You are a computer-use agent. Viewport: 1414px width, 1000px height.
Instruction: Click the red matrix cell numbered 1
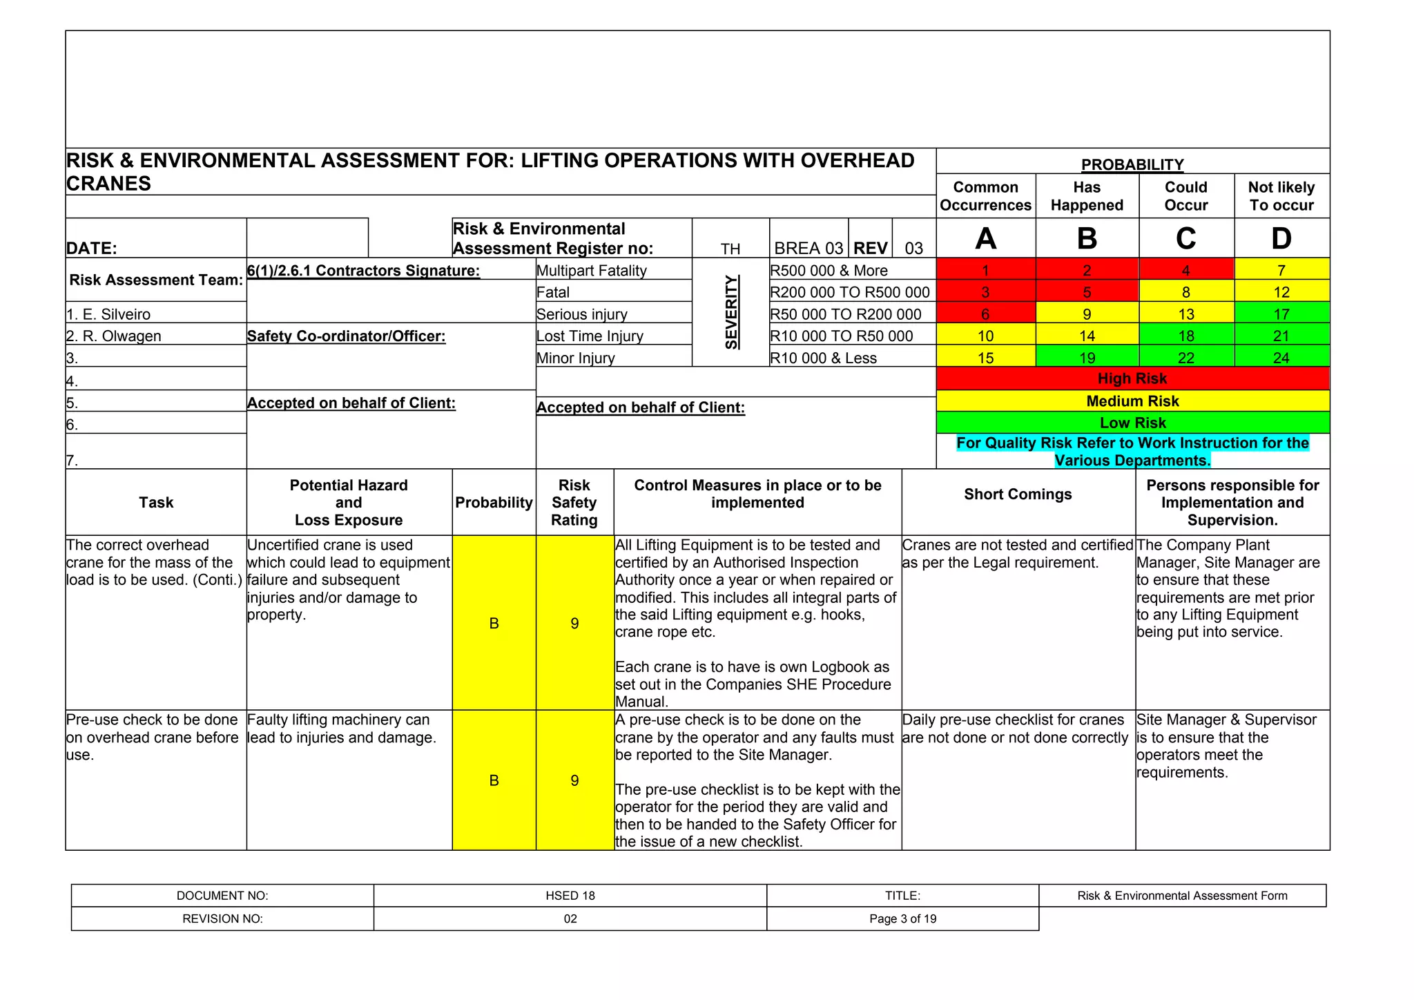[985, 271]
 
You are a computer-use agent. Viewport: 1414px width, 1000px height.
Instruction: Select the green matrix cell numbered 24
[1281, 358]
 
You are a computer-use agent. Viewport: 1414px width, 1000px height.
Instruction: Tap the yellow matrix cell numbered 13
[1185, 314]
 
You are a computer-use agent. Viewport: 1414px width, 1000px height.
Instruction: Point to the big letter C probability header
[1185, 239]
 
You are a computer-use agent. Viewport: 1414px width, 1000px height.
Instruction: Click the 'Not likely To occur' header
[1281, 196]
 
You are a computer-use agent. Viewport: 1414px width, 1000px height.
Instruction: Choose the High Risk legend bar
[1132, 378]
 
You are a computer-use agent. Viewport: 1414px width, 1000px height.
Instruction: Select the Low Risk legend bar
[1132, 423]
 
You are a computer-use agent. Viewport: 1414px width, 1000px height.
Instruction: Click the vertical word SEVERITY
[731, 312]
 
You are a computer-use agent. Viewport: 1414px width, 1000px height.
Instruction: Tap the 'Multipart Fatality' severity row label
[592, 271]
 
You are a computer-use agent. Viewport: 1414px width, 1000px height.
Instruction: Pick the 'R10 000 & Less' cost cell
[823, 358]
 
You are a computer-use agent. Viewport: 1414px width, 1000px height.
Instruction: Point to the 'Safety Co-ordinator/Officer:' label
[346, 336]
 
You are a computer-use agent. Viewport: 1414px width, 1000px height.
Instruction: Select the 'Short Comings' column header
[1018, 494]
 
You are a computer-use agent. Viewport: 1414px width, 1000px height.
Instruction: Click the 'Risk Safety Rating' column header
[574, 503]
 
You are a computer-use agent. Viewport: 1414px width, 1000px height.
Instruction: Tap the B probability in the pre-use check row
[494, 780]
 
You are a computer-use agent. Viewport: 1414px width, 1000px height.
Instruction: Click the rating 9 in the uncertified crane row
[574, 624]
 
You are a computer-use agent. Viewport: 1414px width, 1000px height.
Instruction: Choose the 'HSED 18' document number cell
[570, 896]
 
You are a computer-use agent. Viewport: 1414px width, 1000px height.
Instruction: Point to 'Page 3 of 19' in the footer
[902, 919]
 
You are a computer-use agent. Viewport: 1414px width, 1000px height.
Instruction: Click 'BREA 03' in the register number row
[808, 248]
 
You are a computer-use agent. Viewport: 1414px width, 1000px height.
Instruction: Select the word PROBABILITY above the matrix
[1132, 164]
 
